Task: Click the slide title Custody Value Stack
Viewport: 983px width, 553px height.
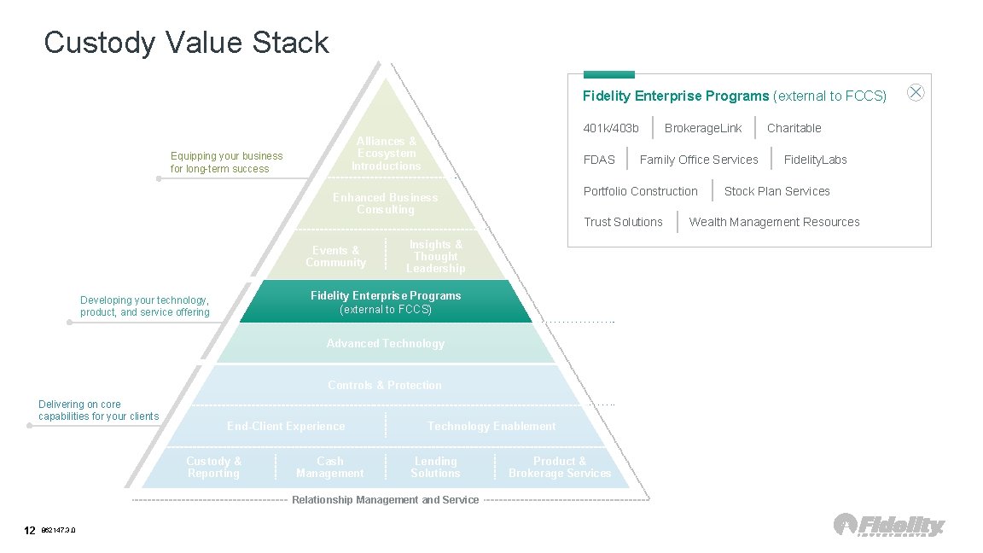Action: [x=186, y=42]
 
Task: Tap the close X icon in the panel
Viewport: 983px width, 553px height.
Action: [x=916, y=93]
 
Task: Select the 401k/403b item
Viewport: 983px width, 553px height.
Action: [x=611, y=128]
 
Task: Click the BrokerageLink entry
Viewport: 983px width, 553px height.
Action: [x=703, y=128]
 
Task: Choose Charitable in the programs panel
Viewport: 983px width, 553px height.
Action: [x=794, y=128]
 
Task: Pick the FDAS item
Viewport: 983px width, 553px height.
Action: [x=599, y=160]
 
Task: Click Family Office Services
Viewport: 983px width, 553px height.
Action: [x=699, y=160]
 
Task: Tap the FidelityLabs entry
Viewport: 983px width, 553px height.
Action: [x=815, y=160]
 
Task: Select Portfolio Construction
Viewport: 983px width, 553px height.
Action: [x=640, y=191]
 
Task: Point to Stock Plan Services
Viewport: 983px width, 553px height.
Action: [x=777, y=191]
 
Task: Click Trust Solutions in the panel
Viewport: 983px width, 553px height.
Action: [x=623, y=222]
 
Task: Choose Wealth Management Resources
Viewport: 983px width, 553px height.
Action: [x=774, y=222]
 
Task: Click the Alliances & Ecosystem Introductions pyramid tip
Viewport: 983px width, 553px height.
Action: [x=387, y=154]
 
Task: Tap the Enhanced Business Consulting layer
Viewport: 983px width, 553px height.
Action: [x=386, y=204]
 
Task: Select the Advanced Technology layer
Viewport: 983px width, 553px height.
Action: [x=386, y=344]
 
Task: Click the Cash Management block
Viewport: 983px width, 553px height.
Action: [x=329, y=468]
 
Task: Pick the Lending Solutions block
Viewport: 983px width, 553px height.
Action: [x=435, y=468]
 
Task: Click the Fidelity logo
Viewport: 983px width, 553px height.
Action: [x=889, y=525]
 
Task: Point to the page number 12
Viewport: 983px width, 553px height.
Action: [x=29, y=531]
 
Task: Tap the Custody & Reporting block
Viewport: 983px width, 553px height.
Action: [x=214, y=468]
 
